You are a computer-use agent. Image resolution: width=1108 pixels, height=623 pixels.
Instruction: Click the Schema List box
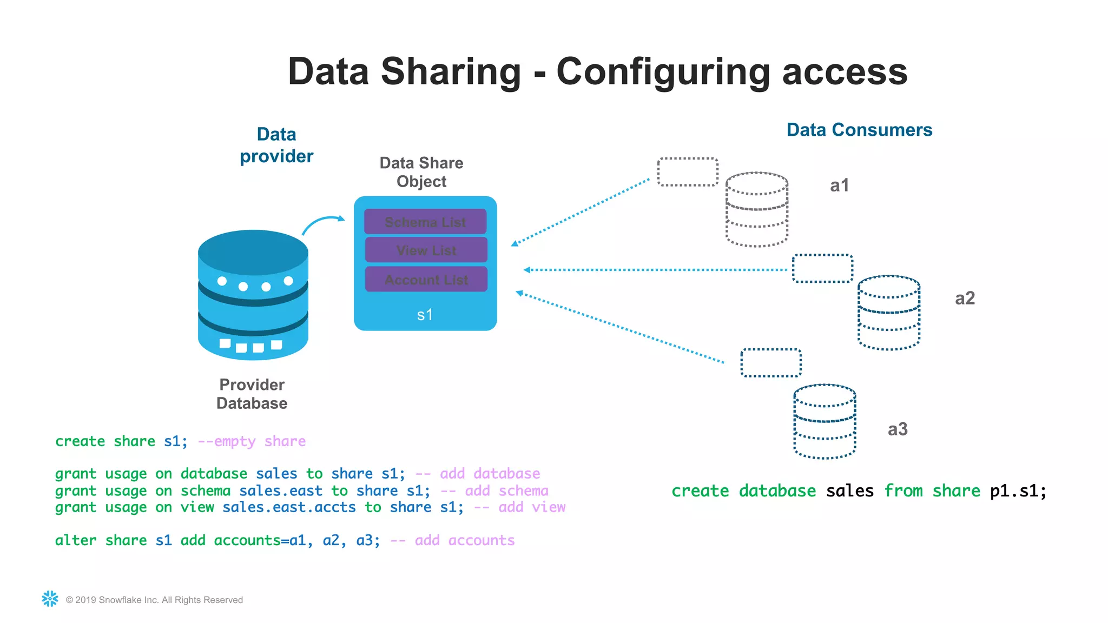[x=425, y=222]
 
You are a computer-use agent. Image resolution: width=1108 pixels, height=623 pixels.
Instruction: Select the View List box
[x=426, y=250]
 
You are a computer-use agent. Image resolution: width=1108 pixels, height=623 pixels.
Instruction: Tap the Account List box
[x=426, y=280]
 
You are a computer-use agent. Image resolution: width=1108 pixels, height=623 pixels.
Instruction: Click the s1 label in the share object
[x=425, y=315]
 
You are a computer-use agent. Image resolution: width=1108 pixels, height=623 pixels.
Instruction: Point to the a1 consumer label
[x=839, y=185]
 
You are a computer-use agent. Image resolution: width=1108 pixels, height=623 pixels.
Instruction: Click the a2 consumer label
[x=965, y=298]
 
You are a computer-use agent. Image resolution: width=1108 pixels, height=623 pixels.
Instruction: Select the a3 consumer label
[x=898, y=429]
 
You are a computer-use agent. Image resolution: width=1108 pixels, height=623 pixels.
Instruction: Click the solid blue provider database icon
[x=253, y=295]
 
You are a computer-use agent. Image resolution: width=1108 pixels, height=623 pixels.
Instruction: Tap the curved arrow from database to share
[x=322, y=222]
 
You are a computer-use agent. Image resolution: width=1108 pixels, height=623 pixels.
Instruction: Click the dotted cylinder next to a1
[x=756, y=209]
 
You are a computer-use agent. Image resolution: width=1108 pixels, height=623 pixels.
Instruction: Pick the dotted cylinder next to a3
[x=825, y=421]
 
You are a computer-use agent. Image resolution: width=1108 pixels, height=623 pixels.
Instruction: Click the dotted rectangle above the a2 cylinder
[x=822, y=268]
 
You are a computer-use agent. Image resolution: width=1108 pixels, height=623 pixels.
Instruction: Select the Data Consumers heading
[x=859, y=130]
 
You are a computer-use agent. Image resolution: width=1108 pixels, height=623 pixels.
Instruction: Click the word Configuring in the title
[x=663, y=72]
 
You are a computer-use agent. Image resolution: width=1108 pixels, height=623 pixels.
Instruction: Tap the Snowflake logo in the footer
[x=50, y=599]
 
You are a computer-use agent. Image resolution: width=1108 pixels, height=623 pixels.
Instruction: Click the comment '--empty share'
[x=252, y=441]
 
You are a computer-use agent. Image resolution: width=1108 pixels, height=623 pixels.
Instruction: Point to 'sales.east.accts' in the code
[x=289, y=507]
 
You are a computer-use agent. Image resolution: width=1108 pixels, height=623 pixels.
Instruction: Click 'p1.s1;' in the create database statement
[x=1018, y=491]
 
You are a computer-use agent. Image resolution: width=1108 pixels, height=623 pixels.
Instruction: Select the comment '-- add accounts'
[x=452, y=540]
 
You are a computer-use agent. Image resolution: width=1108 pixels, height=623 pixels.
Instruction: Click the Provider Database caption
[x=252, y=394]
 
